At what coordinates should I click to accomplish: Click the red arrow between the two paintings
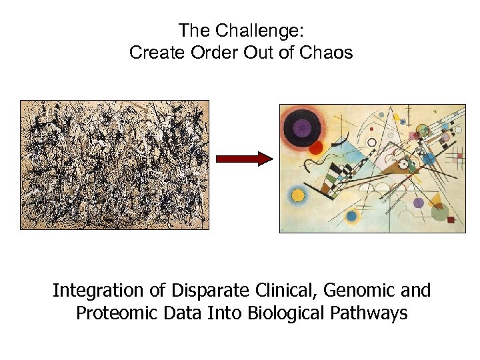(x=244, y=159)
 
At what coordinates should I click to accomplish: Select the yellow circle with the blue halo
(x=298, y=196)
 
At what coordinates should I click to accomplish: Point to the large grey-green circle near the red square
(x=439, y=212)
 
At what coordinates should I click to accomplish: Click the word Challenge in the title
(x=264, y=31)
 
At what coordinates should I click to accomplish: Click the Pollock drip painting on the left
(x=115, y=165)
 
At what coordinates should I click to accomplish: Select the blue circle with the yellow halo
(x=351, y=216)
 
